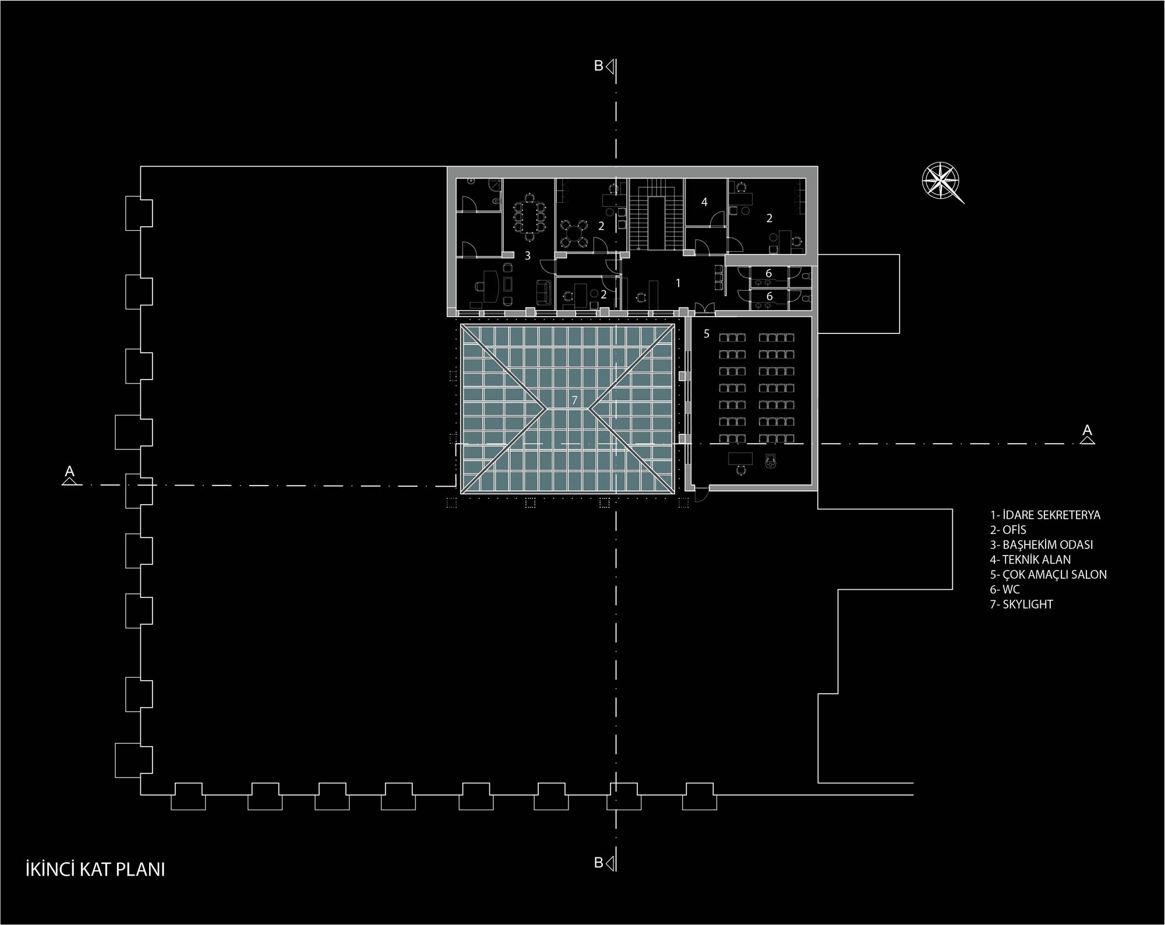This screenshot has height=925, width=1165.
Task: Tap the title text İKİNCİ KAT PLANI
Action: click(x=96, y=869)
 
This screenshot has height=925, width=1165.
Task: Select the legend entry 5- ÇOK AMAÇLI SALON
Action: click(x=1048, y=574)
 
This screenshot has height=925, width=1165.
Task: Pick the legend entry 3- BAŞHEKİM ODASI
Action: click(x=1042, y=545)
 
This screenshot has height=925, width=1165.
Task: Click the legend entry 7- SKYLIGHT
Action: click(x=1022, y=604)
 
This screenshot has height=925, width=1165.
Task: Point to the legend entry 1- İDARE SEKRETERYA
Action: click(x=1045, y=515)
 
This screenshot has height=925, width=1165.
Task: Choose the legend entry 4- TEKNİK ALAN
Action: click(x=1030, y=560)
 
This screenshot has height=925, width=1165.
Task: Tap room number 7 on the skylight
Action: click(x=574, y=400)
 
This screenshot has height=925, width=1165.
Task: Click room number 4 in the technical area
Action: click(x=704, y=202)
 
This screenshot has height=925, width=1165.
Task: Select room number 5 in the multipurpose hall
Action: click(x=707, y=334)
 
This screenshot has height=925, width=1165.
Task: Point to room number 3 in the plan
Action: click(x=528, y=255)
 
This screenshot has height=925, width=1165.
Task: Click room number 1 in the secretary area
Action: click(x=678, y=283)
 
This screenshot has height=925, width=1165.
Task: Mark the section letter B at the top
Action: click(x=598, y=66)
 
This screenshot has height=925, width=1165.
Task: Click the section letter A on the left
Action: click(x=69, y=470)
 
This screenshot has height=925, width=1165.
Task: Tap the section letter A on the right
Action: click(x=1087, y=430)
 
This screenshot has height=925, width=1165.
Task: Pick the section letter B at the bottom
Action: click(x=598, y=863)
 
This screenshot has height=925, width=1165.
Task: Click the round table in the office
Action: click(x=574, y=233)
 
